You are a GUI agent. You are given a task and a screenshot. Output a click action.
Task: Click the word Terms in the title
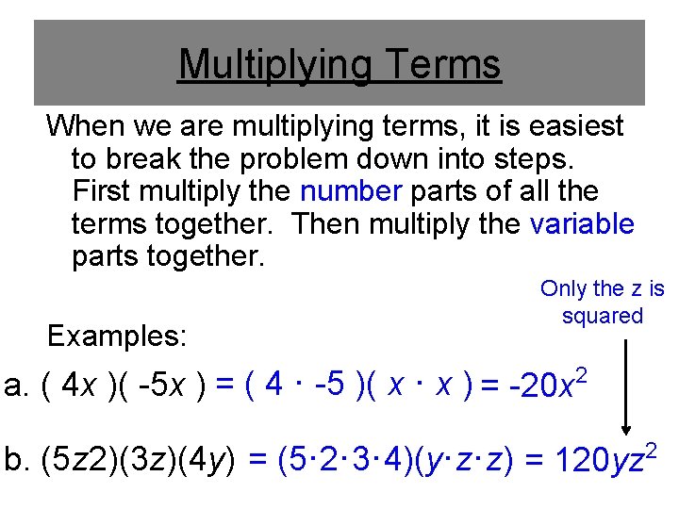(442, 65)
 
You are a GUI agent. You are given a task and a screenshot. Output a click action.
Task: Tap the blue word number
(351, 191)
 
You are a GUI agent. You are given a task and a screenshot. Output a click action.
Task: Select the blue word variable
(582, 224)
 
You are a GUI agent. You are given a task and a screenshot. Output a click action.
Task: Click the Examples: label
(117, 336)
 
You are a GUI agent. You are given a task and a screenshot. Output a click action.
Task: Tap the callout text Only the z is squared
(602, 303)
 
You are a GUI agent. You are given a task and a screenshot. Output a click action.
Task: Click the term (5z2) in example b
(80, 463)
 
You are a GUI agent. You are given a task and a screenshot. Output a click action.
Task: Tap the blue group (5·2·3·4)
(333, 463)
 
